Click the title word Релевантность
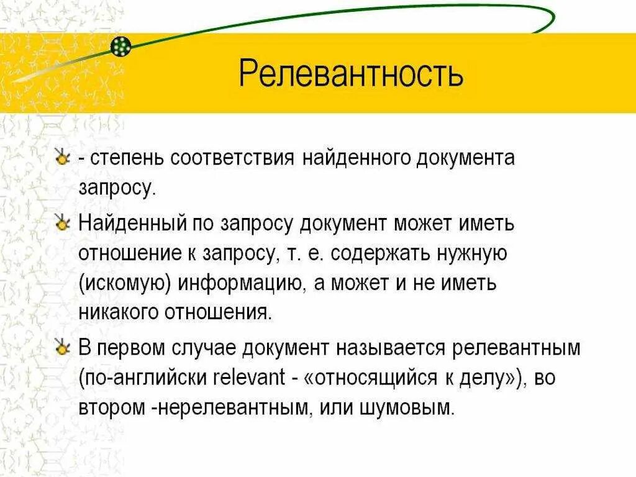click(x=351, y=73)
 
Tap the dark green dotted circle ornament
click(x=122, y=45)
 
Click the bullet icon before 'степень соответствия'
click(x=61, y=158)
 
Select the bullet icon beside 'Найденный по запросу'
click(x=61, y=223)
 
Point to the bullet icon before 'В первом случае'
click(x=61, y=347)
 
